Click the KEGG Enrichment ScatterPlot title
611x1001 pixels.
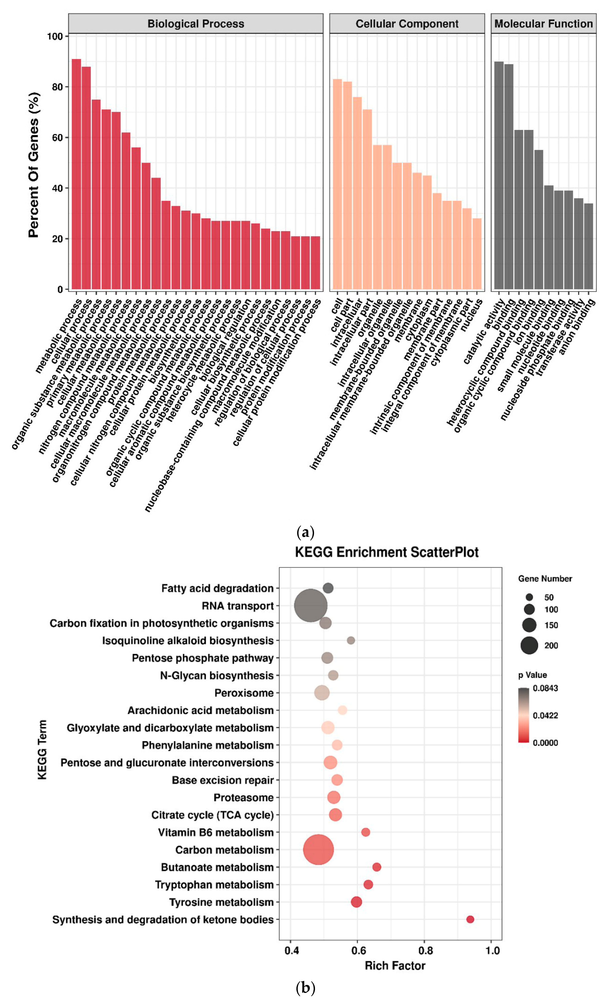tap(387, 552)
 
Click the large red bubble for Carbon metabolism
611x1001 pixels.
tap(319, 850)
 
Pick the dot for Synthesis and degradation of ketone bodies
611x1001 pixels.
tap(470, 919)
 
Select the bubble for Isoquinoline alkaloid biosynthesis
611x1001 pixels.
tap(351, 640)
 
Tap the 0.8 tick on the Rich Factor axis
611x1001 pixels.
tap(425, 951)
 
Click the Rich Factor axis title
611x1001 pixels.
tap(395, 966)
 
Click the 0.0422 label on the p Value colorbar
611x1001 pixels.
tap(545, 715)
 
